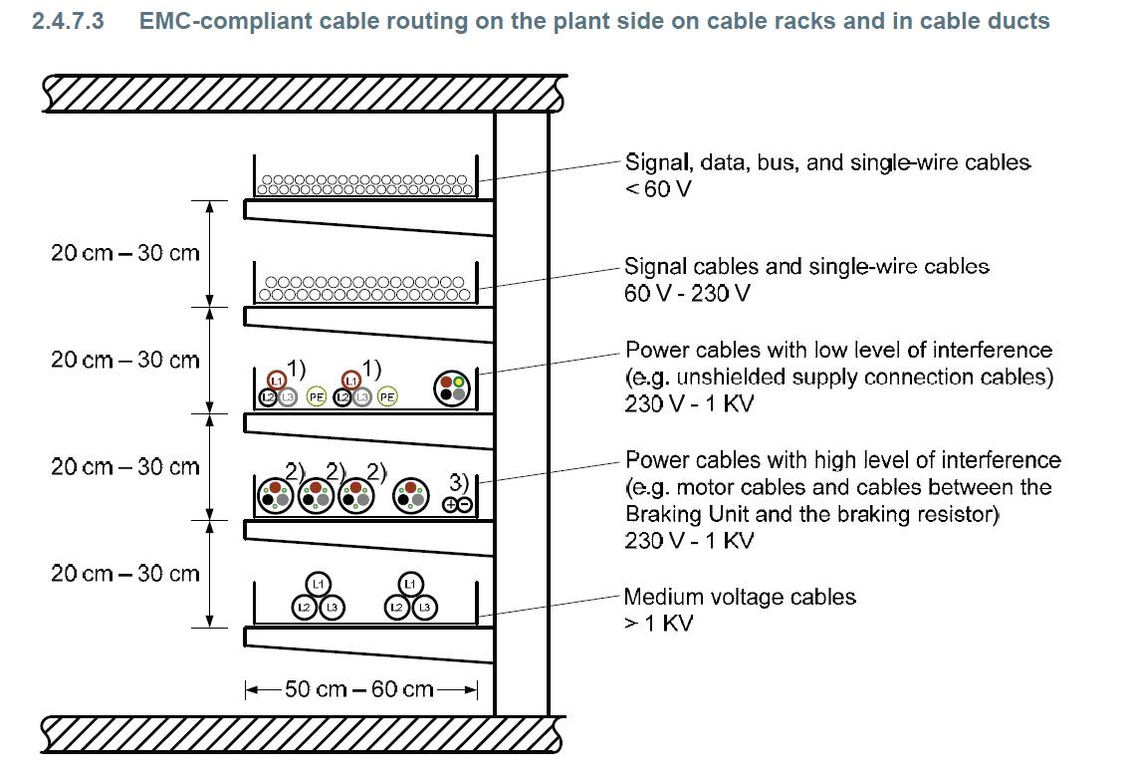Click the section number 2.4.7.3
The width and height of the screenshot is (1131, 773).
[68, 21]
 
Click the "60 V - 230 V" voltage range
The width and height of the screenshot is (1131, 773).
[687, 293]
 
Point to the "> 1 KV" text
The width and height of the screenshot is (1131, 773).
[658, 624]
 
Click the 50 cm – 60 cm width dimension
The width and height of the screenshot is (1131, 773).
[359, 689]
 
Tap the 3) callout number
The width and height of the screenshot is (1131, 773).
[458, 482]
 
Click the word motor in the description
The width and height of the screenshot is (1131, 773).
[696, 487]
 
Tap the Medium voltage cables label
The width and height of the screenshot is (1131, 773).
[740, 597]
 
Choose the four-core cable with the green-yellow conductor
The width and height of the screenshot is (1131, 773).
[452, 388]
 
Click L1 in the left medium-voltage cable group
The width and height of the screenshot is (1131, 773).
[318, 584]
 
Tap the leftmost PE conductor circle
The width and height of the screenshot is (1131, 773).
[317, 396]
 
